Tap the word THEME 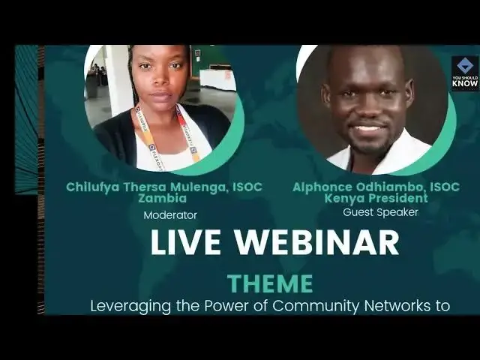(270, 283)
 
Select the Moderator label (170, 215)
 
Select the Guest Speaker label (380, 212)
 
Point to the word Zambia (164, 199)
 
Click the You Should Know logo (464, 73)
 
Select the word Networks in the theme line (394, 306)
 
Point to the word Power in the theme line (228, 306)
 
